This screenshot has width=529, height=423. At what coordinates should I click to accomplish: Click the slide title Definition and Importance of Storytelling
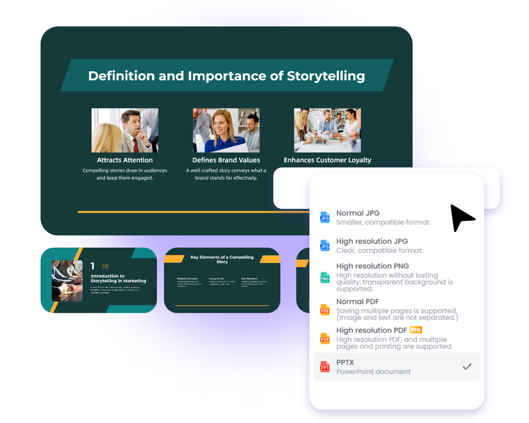click(227, 76)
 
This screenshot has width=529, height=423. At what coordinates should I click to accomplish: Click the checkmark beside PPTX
click(467, 367)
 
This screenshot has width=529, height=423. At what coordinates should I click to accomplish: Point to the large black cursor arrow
click(461, 216)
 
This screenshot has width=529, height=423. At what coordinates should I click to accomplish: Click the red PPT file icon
click(325, 367)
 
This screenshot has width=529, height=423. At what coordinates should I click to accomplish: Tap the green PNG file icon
click(325, 278)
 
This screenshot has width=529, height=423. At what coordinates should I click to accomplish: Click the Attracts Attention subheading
click(125, 160)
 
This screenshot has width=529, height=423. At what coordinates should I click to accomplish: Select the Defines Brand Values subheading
click(226, 160)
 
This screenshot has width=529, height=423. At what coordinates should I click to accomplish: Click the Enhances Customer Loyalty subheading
click(327, 160)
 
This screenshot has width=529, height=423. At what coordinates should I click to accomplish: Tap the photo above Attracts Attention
click(125, 130)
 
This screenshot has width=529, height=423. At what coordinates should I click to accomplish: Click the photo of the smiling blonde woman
click(226, 130)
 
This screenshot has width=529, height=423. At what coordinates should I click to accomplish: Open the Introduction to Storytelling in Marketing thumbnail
click(99, 280)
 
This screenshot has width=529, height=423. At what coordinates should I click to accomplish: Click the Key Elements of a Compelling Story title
click(222, 260)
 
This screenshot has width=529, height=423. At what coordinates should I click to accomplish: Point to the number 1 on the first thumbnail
click(93, 266)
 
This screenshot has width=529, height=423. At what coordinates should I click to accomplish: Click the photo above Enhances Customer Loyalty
click(328, 130)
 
